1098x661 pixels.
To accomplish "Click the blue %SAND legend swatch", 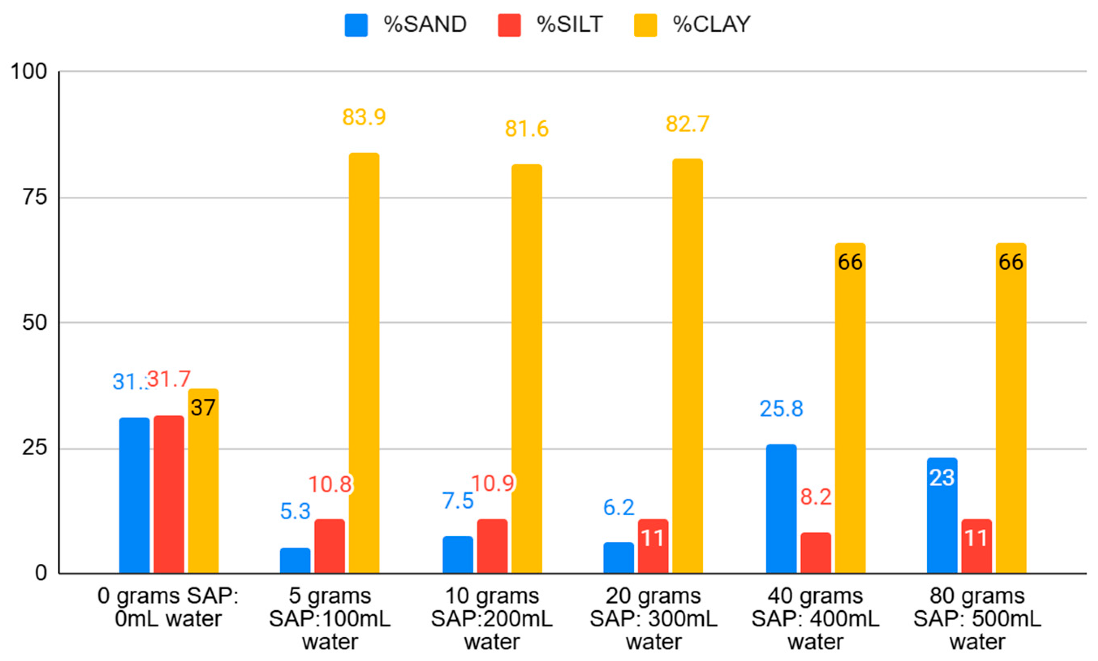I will (x=356, y=25).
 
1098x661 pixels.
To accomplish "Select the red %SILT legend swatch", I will (x=509, y=25).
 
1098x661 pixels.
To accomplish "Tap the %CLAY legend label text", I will (x=711, y=24).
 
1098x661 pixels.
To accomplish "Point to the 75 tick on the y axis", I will (x=34, y=197).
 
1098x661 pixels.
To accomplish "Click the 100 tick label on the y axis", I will (x=28, y=71).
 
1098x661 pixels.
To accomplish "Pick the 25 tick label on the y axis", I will (x=34, y=448).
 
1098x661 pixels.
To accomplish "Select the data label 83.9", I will (x=364, y=117).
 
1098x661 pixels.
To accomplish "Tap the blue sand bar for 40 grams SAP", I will (x=781, y=508).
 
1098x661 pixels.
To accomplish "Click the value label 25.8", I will (x=781, y=409).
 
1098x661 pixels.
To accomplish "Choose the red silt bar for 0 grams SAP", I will (x=169, y=494).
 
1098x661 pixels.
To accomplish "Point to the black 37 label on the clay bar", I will (x=203, y=407).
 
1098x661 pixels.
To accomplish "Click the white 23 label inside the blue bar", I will (x=941, y=478).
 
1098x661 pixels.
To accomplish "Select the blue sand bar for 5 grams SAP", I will (x=295, y=560).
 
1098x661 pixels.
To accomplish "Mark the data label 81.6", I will (x=526, y=129).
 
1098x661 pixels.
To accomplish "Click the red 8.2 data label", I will (x=816, y=497).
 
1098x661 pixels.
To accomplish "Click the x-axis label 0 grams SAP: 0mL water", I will (x=168, y=607).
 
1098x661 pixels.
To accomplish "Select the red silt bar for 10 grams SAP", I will (x=492, y=546).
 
